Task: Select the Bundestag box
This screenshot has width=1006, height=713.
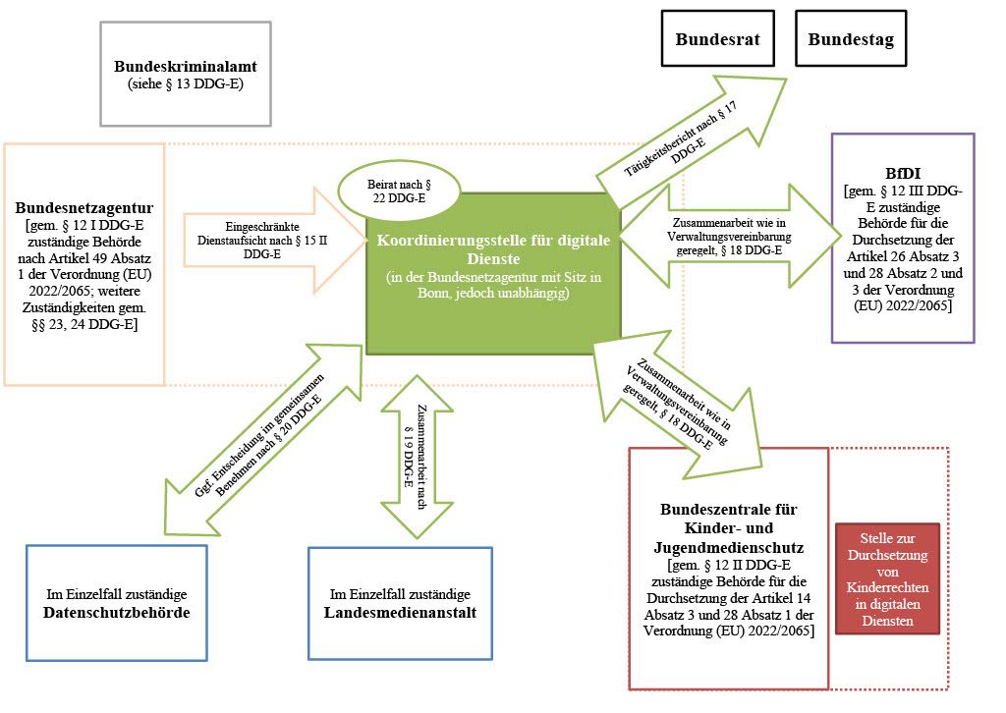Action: click(851, 39)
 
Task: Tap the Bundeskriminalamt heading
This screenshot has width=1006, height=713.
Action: click(186, 67)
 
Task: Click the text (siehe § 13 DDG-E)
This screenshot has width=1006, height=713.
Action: click(186, 84)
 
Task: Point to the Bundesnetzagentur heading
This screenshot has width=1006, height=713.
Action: click(84, 208)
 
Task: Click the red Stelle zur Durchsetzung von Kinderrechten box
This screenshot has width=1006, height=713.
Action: click(887, 578)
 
